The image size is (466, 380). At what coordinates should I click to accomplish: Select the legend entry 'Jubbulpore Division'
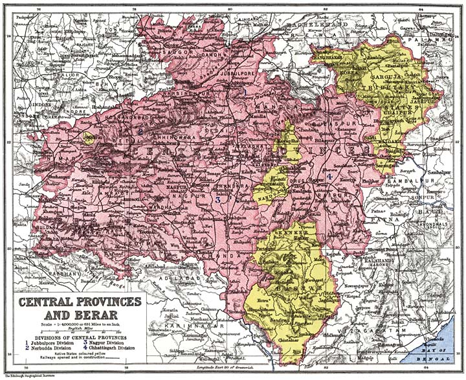52,342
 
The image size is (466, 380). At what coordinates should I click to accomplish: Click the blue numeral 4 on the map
329,176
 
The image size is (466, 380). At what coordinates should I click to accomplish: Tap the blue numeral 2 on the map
140,132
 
